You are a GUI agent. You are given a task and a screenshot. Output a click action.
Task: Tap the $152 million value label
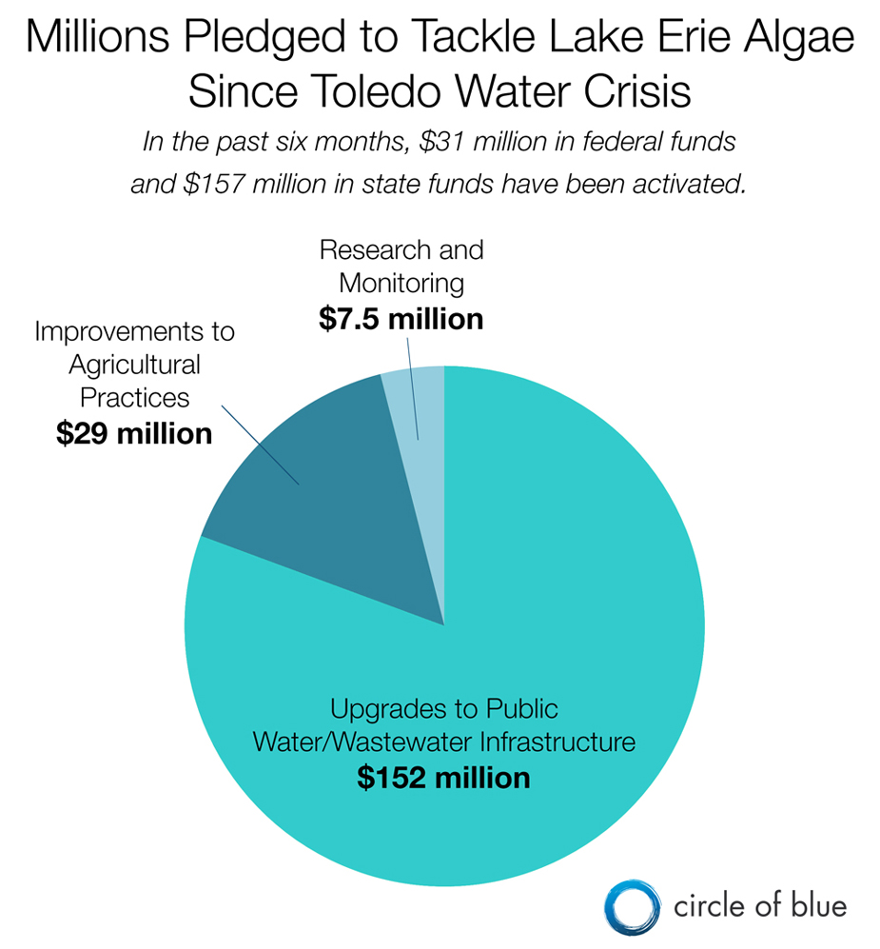tap(443, 777)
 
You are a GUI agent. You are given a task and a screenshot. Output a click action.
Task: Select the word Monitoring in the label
tap(401, 283)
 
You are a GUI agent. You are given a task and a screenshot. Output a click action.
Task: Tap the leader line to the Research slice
tap(414, 390)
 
